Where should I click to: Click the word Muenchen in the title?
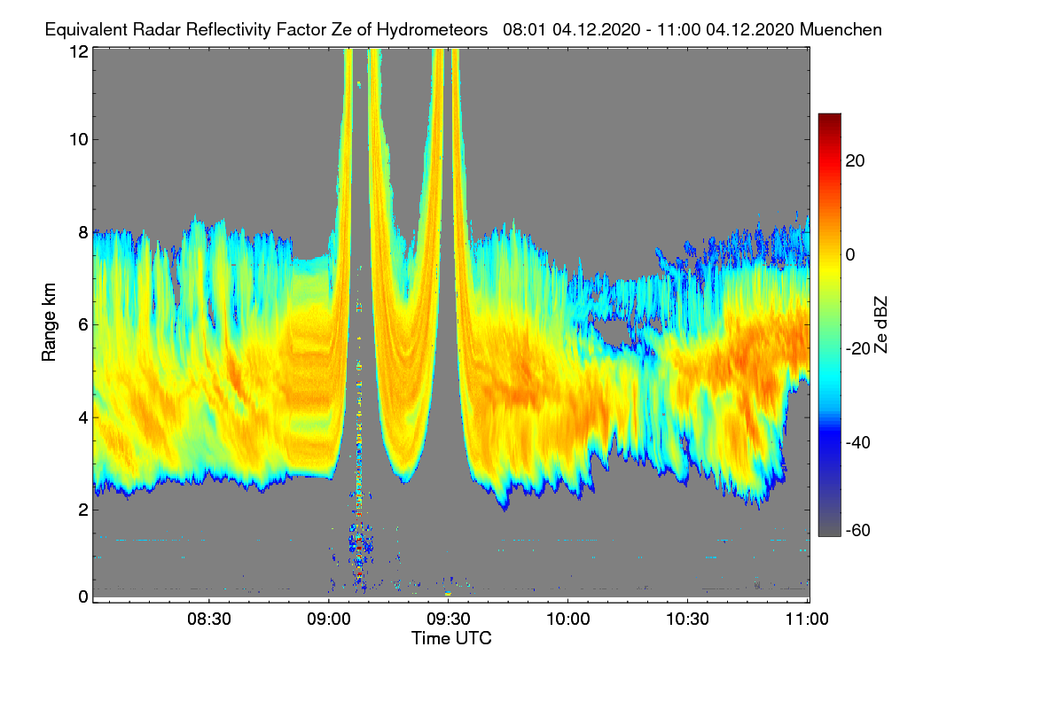(841, 29)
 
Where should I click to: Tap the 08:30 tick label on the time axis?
(209, 619)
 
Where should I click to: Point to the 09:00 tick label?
(329, 619)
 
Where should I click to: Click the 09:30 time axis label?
(449, 619)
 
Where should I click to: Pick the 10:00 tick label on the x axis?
(568, 619)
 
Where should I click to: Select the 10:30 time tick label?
(688, 619)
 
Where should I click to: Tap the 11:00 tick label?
(807, 619)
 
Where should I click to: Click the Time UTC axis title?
(451, 638)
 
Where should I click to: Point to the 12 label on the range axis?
(78, 51)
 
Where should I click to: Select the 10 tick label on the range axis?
(78, 139)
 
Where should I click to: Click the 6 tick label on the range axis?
(82, 324)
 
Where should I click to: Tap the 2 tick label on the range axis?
(82, 510)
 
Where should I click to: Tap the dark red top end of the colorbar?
(829, 117)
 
